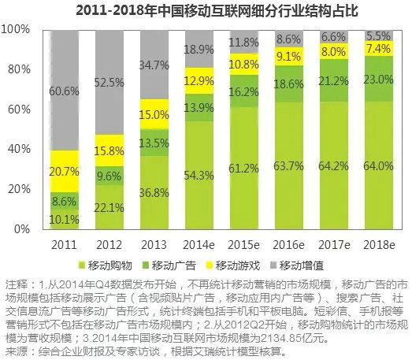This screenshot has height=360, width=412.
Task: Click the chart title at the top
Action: click(x=206, y=11)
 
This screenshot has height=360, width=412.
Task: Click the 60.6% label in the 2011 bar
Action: click(x=63, y=91)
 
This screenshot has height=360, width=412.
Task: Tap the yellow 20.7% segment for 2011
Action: click(x=63, y=169)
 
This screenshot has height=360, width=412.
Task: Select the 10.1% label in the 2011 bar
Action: click(x=63, y=219)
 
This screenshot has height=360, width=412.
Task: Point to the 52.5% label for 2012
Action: click(x=109, y=81)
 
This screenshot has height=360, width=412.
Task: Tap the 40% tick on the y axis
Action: click(x=20, y=148)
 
